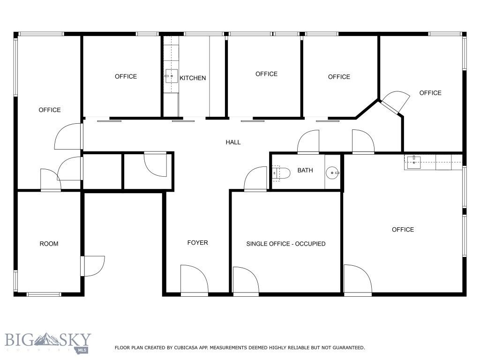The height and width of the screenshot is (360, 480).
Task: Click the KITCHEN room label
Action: tap(193, 78)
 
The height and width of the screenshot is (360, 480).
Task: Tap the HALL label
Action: tap(233, 142)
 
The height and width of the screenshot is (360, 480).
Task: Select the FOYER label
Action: tap(197, 243)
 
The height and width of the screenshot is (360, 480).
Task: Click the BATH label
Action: tap(305, 171)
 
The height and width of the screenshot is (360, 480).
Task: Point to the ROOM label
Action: tap(49, 244)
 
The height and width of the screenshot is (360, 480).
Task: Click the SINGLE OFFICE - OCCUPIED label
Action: tap(286, 244)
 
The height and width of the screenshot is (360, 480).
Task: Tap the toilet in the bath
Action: tap(278, 172)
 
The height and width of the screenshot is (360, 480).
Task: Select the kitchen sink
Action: tap(171, 75)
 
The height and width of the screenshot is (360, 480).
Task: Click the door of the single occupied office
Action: tap(245, 281)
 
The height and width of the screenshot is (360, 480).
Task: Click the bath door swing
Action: tap(256, 179)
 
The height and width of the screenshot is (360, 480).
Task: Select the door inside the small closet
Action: tap(155, 164)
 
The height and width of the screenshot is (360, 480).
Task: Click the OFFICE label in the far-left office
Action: tap(50, 110)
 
